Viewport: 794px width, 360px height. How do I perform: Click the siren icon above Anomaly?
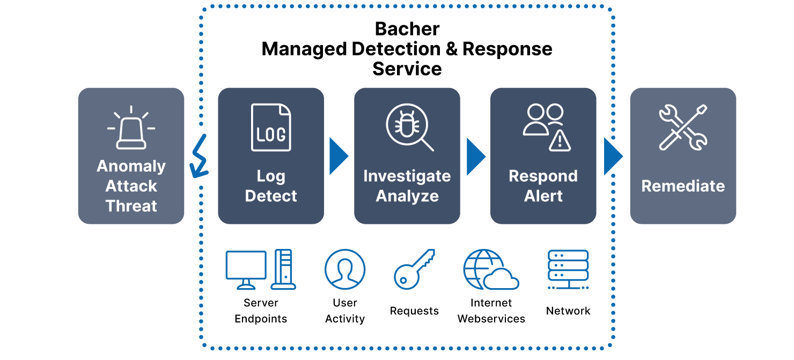(131, 129)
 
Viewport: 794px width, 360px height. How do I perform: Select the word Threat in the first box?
(131, 206)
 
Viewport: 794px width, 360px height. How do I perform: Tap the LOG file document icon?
(271, 128)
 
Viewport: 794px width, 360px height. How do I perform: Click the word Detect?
(271, 196)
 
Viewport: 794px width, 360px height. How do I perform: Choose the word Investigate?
(407, 176)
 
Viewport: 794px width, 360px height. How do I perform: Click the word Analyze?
(407, 196)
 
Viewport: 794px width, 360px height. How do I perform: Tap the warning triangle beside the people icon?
(560, 141)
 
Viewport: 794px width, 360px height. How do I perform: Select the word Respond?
(543, 176)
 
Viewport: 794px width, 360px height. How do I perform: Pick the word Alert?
(543, 196)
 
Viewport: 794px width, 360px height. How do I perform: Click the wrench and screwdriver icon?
(683, 128)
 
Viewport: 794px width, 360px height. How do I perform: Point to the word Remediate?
(683, 186)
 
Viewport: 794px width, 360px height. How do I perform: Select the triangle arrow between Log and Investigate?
(338, 156)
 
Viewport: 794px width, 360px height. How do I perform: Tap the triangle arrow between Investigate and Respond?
(475, 156)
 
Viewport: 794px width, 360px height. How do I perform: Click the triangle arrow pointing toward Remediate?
(612, 156)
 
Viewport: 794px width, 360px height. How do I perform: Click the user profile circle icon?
(345, 269)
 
